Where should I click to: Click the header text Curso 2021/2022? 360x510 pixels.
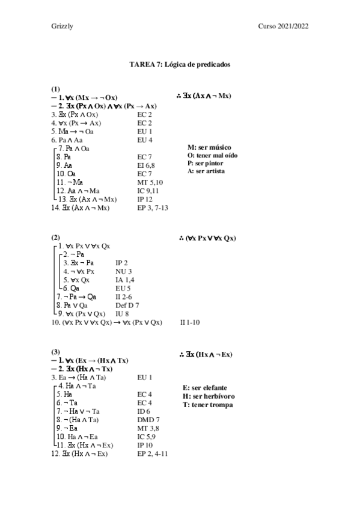pos(284,26)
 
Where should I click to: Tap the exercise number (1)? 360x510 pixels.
pos(55,88)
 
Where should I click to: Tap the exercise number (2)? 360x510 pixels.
pos(55,238)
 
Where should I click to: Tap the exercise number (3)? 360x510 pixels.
pos(55,351)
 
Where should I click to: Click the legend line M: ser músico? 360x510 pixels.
pos(210,147)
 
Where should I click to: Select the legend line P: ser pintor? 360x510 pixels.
pos(207,163)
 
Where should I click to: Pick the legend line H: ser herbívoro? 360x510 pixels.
pos(208,396)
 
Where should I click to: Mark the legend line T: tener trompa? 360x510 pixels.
pos(207,405)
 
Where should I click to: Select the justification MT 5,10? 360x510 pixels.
pos(148,182)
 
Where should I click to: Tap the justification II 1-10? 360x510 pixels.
pos(190,322)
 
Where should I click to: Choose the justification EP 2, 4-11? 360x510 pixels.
pos(152,453)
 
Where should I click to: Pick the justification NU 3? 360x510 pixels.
pos(123,271)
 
